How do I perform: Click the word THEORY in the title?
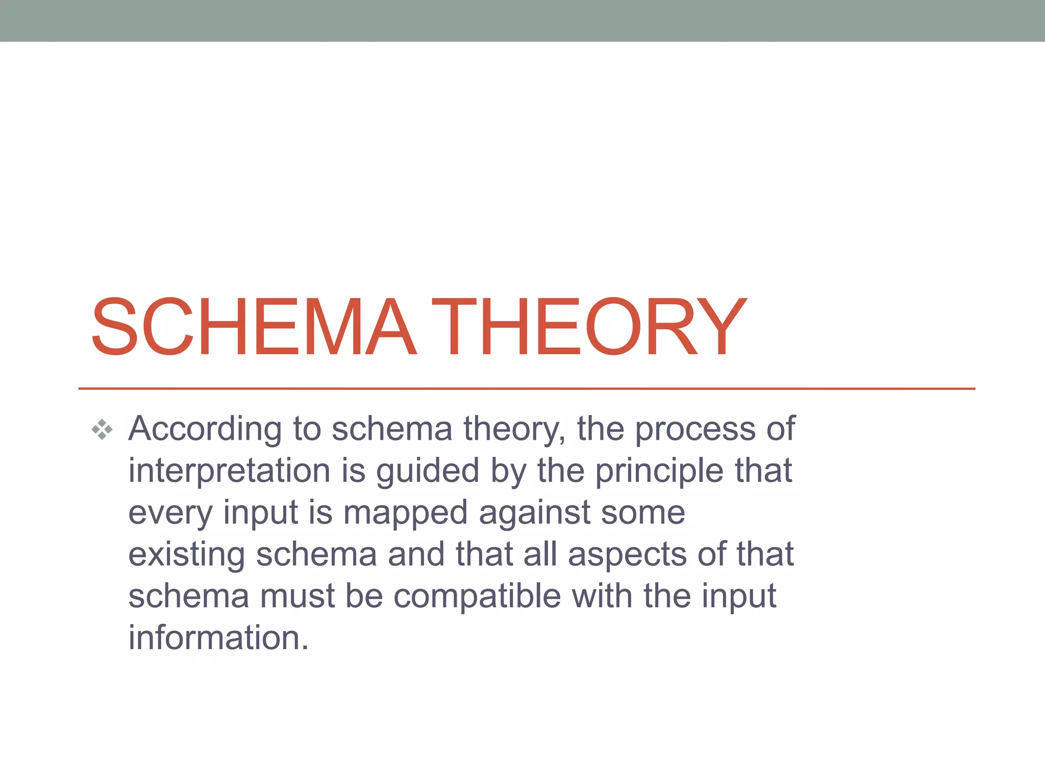[589, 327]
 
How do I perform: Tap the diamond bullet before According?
[102, 429]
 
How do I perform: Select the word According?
[205, 429]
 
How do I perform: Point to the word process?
[694, 429]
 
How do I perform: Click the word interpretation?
[229, 471]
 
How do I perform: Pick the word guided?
[428, 471]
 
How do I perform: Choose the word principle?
[659, 471]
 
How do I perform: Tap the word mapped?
[405, 512]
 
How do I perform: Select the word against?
[534, 512]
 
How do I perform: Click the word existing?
[186, 554]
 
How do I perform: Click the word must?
[297, 596]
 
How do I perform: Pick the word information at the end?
[218, 638]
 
